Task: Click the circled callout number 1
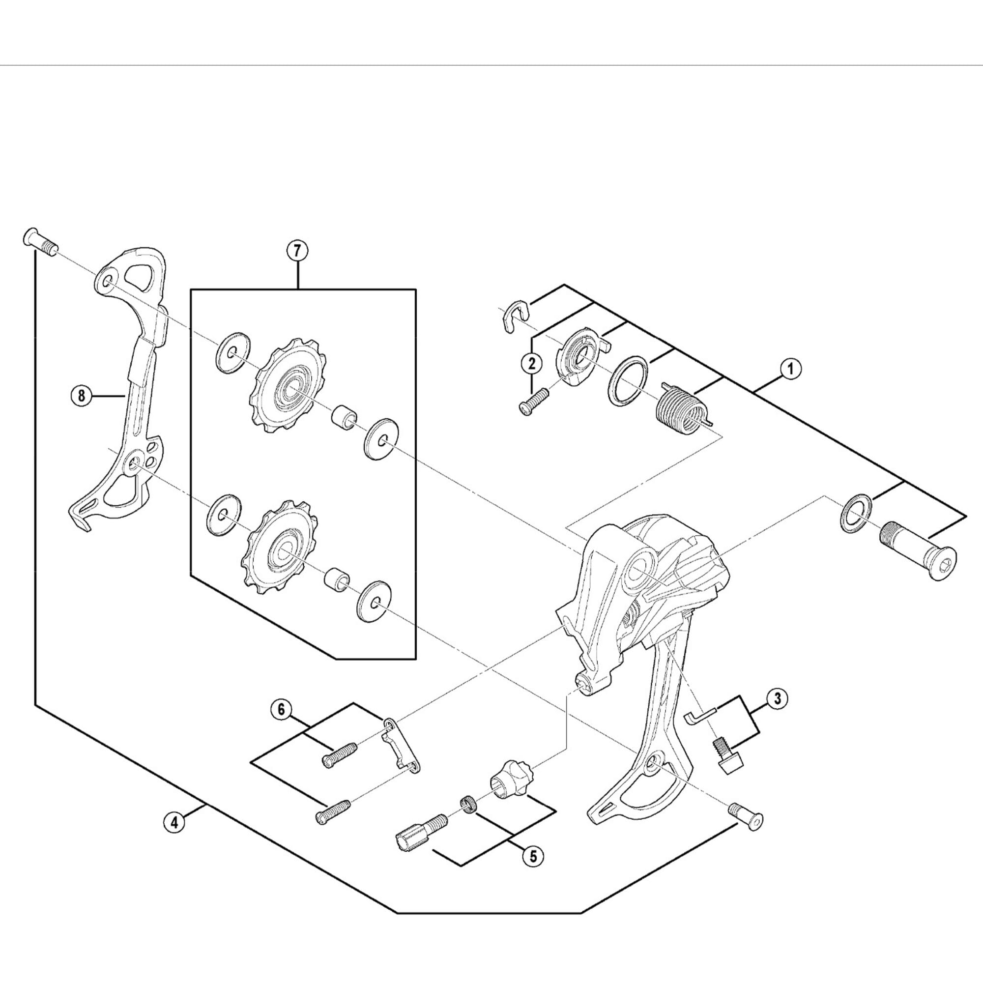(x=790, y=369)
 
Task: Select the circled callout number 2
(x=532, y=363)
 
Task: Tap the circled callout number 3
(x=777, y=698)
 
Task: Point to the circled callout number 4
(x=174, y=822)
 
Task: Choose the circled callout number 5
(x=533, y=855)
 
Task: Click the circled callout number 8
(x=82, y=395)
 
